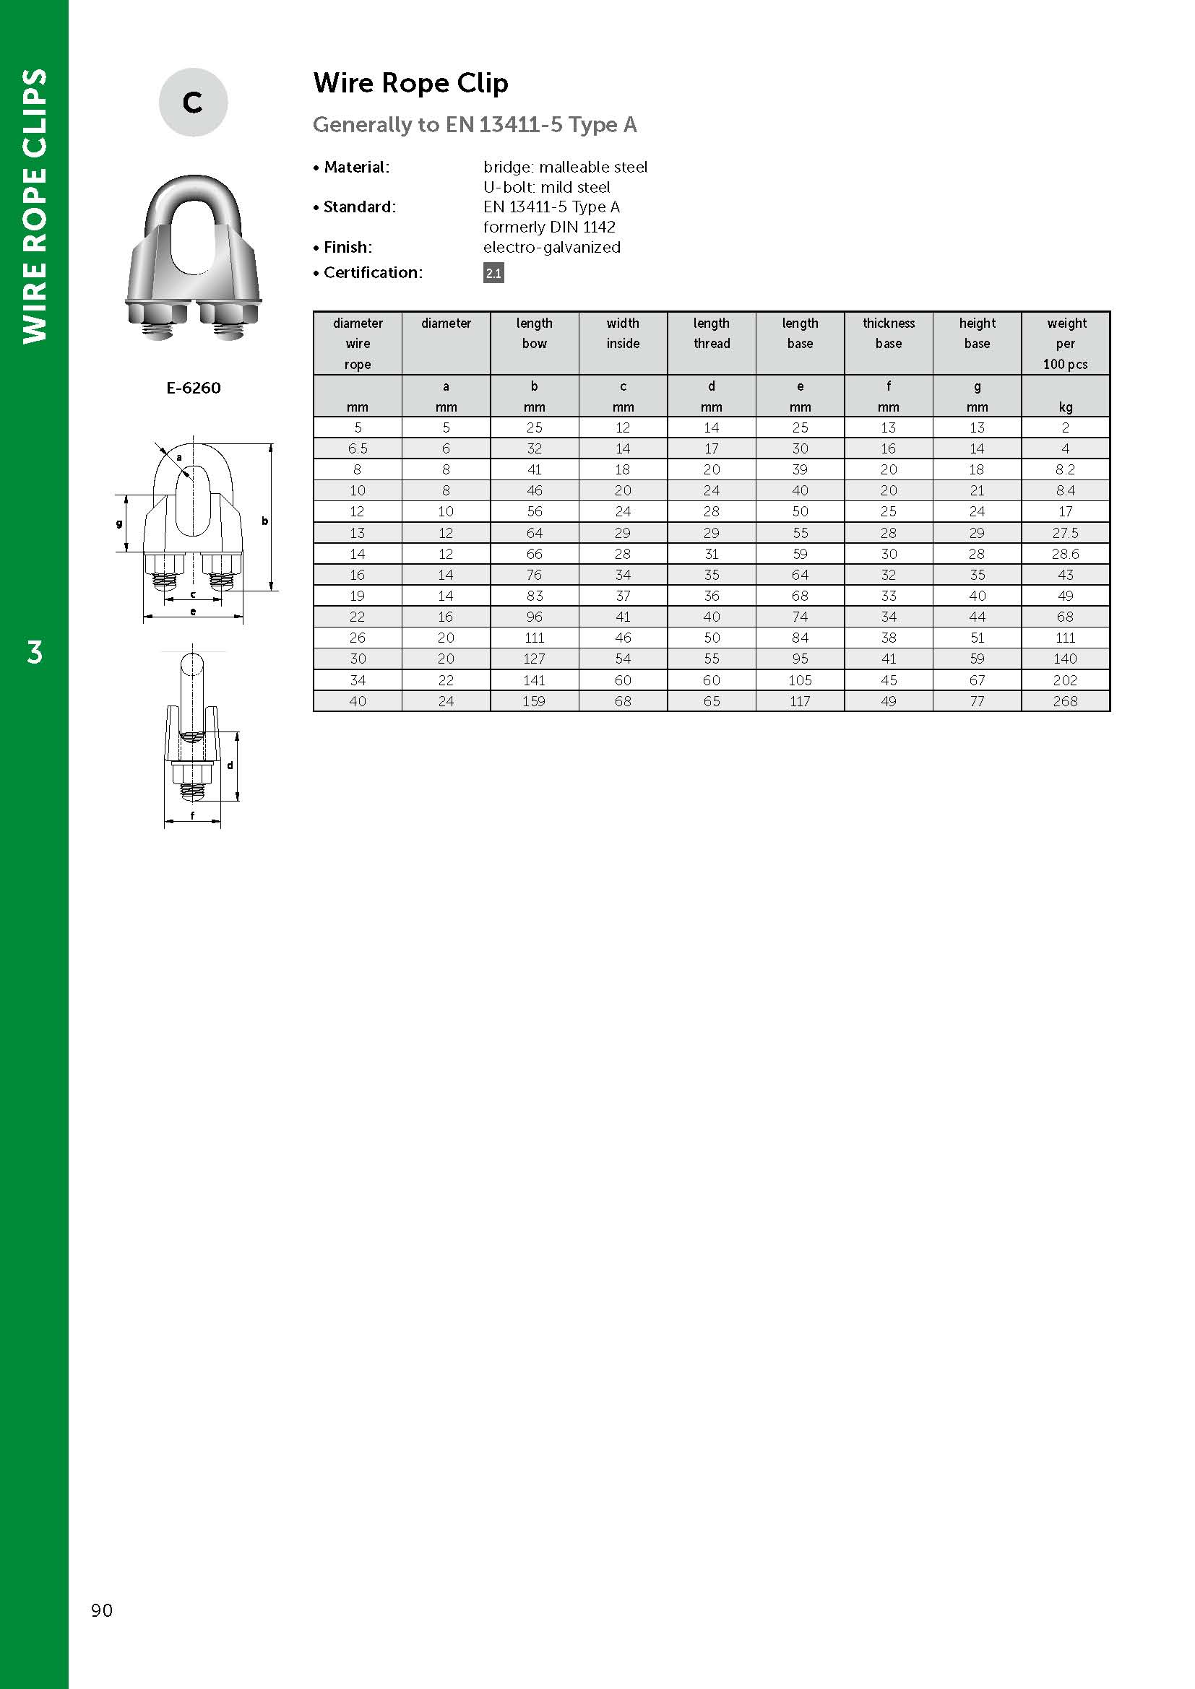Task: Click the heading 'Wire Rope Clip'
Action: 410,83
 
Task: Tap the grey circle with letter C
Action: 193,103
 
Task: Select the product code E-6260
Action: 193,388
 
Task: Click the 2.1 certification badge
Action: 493,273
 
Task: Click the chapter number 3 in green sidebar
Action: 35,653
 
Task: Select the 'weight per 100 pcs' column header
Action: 1065,343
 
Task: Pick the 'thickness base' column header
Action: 888,333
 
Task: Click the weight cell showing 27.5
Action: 1065,533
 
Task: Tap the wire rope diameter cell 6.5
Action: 358,448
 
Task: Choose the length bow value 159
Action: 534,701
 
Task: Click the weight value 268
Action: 1065,701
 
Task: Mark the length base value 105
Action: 800,680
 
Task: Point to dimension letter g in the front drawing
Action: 119,524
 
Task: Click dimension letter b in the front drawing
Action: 265,521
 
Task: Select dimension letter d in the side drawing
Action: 230,765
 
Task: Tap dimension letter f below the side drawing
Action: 193,816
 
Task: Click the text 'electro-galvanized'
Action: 552,247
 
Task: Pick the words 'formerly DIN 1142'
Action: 549,227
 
